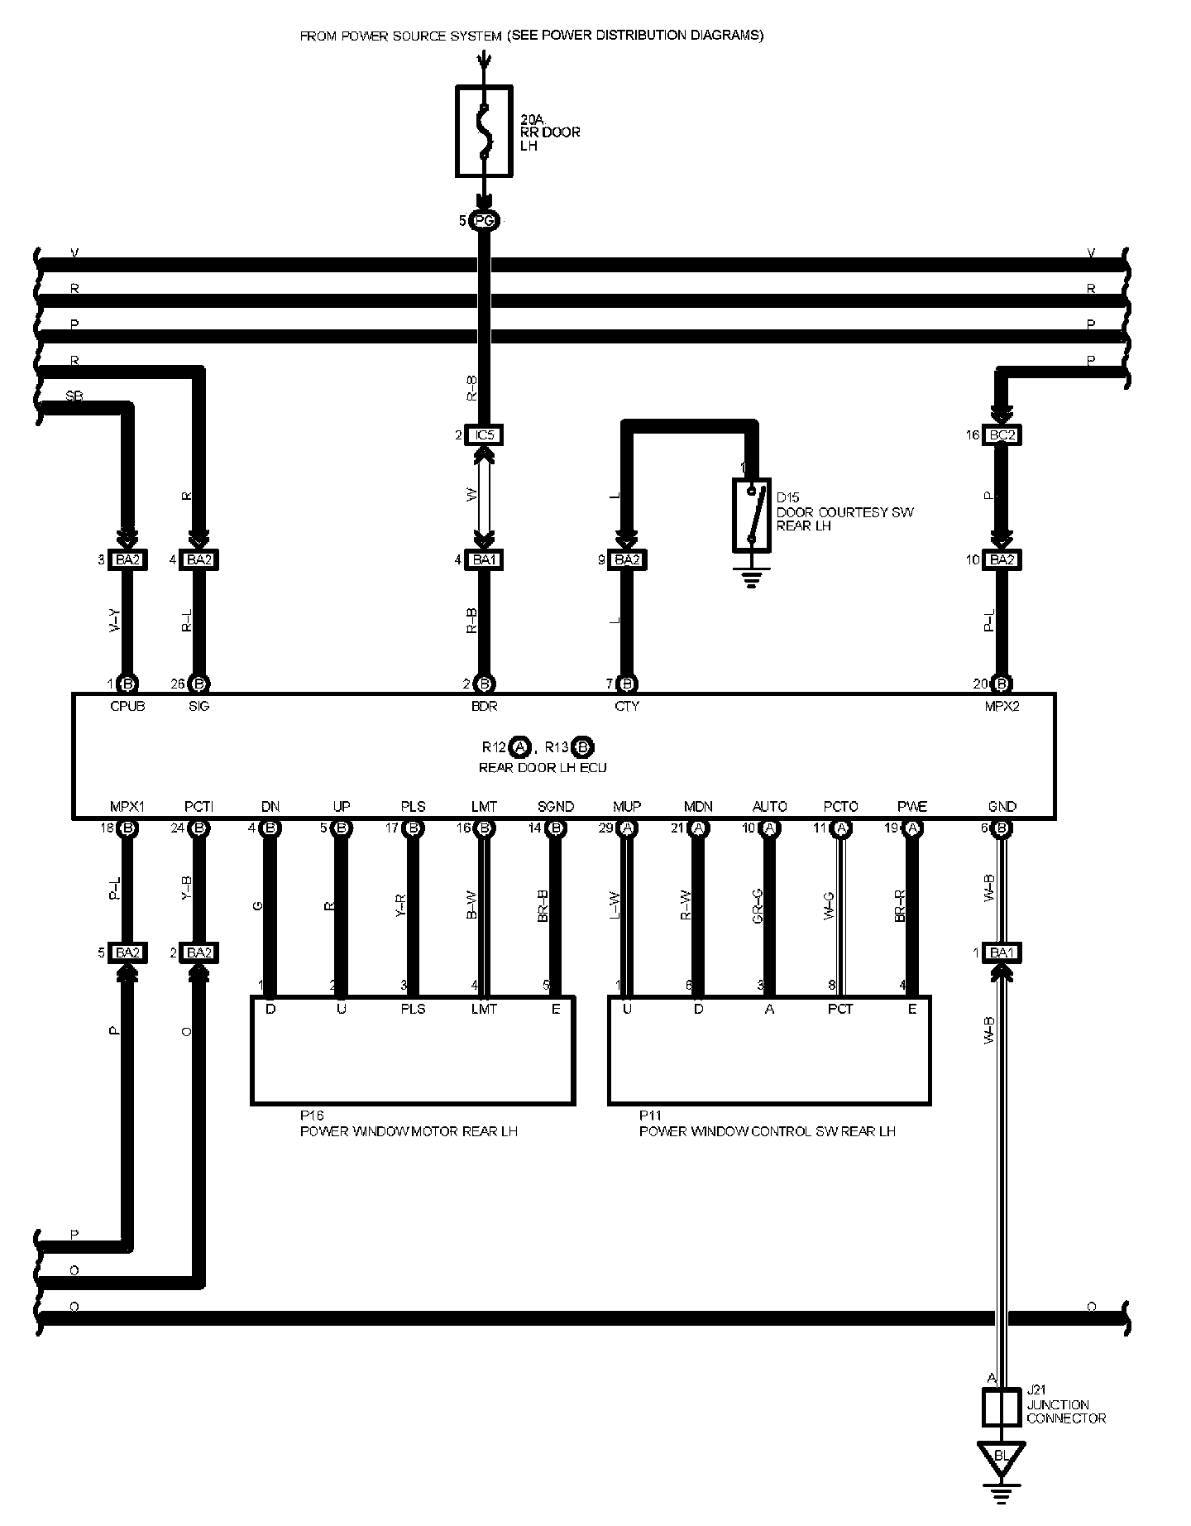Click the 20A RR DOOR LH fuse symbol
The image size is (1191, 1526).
[x=484, y=131]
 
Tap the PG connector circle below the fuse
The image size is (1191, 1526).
[x=484, y=221]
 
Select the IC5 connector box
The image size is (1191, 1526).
[x=484, y=435]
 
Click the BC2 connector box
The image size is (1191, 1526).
[x=1002, y=435]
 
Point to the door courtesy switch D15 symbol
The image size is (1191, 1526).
[x=751, y=515]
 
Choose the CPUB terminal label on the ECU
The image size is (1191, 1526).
[x=127, y=707]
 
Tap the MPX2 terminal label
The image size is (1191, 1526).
[x=1002, y=707]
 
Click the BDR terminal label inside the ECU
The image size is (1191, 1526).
[x=484, y=707]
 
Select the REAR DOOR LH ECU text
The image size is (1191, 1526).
[x=543, y=768]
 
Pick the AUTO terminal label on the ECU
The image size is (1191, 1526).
[x=769, y=807]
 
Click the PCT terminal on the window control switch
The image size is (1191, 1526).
[x=840, y=1009]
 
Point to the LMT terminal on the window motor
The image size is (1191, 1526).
[x=484, y=1009]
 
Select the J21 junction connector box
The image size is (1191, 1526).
[x=1002, y=1408]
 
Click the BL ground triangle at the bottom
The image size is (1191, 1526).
[x=1002, y=1456]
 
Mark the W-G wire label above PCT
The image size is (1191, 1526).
[x=829, y=907]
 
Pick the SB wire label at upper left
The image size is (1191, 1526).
[x=74, y=396]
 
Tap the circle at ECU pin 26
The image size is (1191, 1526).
[x=198, y=684]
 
